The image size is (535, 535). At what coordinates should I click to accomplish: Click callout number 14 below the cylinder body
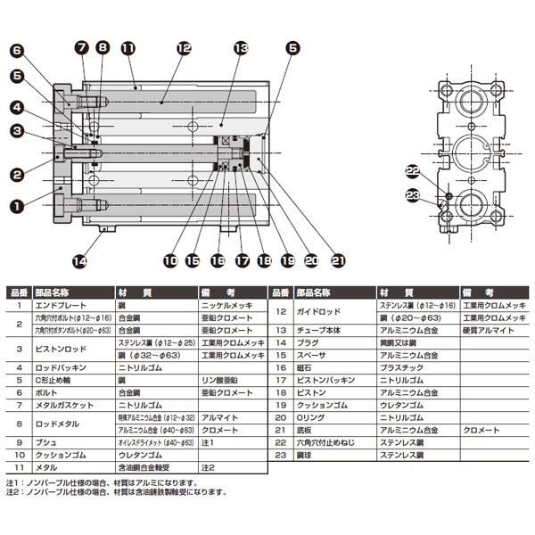click(80, 261)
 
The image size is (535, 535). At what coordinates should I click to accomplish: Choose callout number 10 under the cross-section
click(171, 261)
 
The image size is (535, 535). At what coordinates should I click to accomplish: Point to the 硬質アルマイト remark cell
click(486, 329)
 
